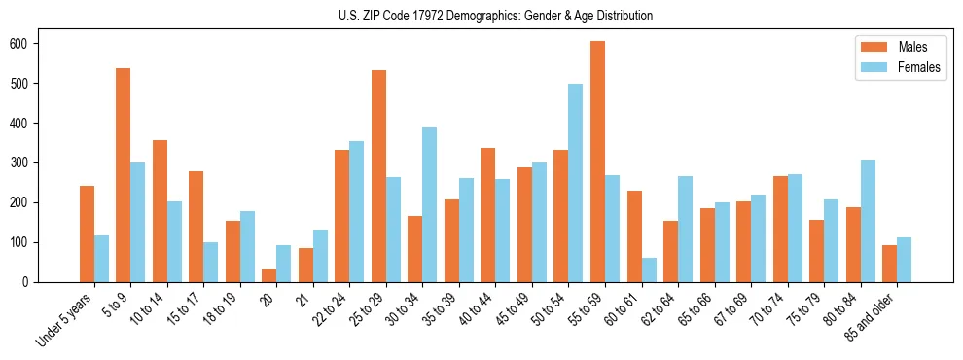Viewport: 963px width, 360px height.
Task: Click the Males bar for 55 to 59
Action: [597, 162]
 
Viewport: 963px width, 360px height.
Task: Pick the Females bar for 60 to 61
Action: [649, 270]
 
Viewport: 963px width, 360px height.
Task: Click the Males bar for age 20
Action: [269, 275]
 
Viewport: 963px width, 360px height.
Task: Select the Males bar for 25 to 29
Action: [378, 176]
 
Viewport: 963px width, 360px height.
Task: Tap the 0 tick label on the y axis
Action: [31, 282]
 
